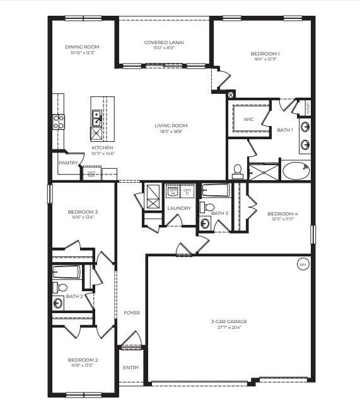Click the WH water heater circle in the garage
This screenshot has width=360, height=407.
[x=303, y=265]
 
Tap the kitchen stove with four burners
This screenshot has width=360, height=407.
[x=58, y=122]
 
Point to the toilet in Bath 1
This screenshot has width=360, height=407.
[x=238, y=169]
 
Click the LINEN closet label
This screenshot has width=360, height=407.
[x=307, y=108]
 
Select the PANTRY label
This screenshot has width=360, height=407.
[x=67, y=163]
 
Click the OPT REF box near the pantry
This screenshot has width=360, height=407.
[x=92, y=174]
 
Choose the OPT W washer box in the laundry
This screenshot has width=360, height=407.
[x=172, y=191]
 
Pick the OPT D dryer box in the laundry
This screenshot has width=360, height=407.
[x=187, y=191]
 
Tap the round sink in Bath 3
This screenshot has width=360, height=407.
[x=205, y=223]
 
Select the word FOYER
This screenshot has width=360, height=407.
[x=132, y=313]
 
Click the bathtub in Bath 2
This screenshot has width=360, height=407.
[x=66, y=272]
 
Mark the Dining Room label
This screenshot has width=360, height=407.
[x=82, y=47]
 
